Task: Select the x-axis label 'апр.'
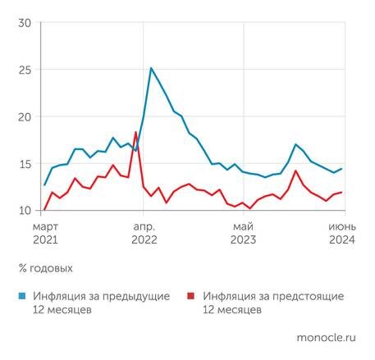(144, 226)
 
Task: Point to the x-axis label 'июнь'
(341, 226)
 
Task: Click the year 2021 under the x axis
(46, 240)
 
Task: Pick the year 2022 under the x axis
(144, 240)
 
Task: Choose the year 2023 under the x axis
(243, 240)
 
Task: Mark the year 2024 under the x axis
(341, 240)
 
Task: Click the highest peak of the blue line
(151, 68)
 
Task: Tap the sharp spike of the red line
(135, 132)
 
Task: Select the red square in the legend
(191, 296)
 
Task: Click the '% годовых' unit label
(45, 268)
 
